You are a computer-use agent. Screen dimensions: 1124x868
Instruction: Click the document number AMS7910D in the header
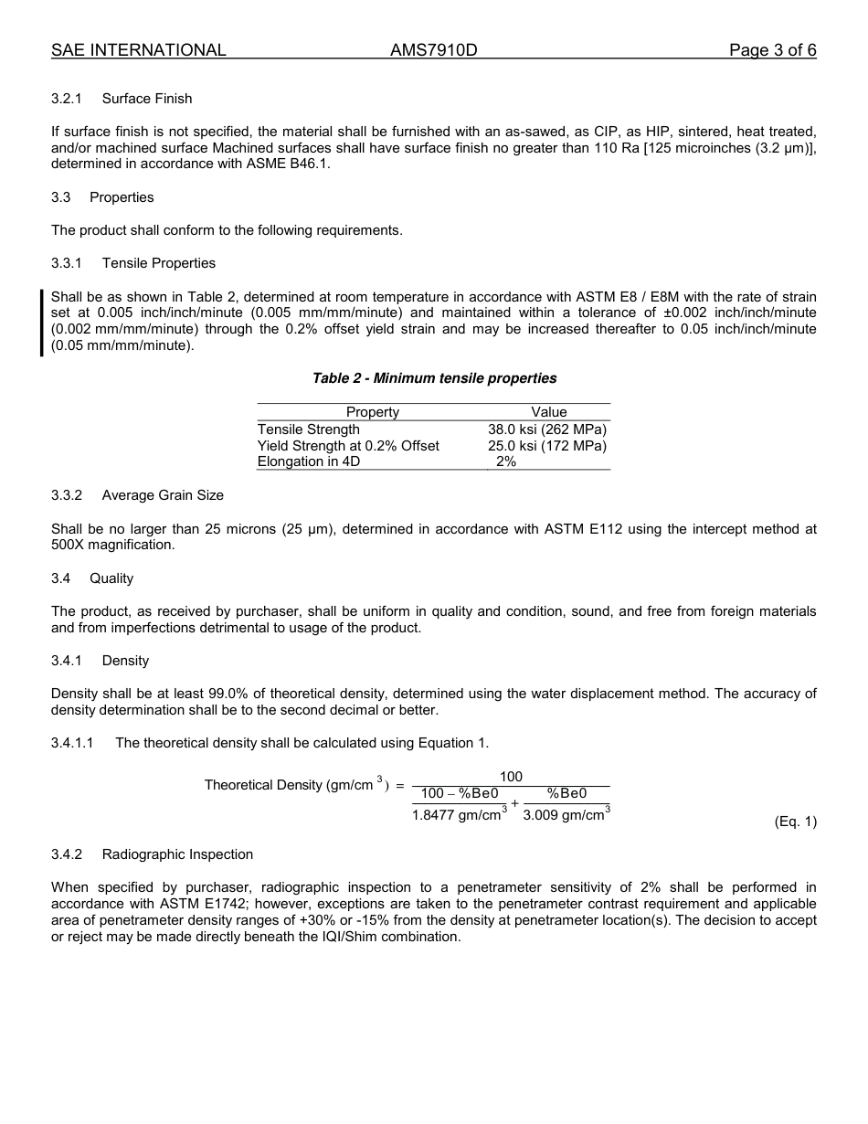click(433, 51)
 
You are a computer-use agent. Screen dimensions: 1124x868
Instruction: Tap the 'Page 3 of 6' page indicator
click(772, 51)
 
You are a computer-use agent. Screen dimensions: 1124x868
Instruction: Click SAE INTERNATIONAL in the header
click(139, 51)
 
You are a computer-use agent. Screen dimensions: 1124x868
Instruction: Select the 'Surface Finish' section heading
click(147, 99)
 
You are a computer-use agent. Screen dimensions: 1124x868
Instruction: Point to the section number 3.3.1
click(67, 263)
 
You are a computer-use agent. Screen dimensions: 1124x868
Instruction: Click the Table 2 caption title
click(434, 378)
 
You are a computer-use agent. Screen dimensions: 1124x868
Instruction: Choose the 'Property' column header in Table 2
click(373, 412)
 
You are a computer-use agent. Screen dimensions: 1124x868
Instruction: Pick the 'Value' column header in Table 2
click(549, 412)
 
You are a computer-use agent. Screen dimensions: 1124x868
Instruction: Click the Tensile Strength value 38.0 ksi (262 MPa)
click(547, 429)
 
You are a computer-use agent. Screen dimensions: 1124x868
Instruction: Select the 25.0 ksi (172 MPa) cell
click(547, 446)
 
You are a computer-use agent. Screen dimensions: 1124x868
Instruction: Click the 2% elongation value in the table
click(506, 462)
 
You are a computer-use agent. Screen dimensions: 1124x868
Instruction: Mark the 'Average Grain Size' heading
click(163, 495)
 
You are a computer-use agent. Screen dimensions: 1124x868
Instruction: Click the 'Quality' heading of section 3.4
click(111, 578)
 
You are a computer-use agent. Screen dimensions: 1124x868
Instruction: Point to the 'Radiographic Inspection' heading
click(177, 854)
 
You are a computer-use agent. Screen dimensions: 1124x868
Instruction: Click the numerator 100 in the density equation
click(512, 777)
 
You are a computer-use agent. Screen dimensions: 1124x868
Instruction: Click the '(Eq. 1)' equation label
click(795, 822)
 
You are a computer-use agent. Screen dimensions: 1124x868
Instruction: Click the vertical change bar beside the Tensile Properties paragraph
click(41, 322)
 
